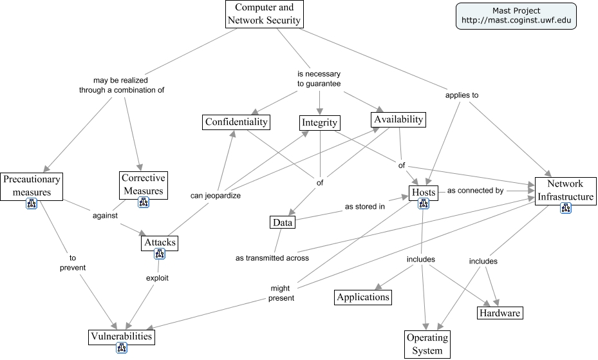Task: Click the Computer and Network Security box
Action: tap(264, 14)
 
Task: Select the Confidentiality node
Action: tap(236, 122)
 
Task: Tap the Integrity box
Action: tap(319, 123)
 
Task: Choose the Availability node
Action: tap(398, 119)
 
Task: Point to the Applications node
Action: tap(363, 297)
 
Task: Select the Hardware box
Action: tap(500, 313)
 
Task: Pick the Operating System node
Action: tap(427, 345)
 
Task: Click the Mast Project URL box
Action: tap(516, 15)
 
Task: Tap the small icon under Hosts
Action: tap(424, 204)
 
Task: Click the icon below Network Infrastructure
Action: tap(566, 208)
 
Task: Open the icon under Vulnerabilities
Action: tap(122, 348)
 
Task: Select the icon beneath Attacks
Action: tap(160, 254)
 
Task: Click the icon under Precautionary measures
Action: tap(31, 204)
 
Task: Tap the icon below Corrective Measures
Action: tap(143, 202)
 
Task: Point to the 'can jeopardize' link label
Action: tap(216, 195)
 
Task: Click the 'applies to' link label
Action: tap(462, 95)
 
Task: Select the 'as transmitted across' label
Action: tap(272, 258)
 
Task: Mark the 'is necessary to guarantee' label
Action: tap(319, 79)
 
